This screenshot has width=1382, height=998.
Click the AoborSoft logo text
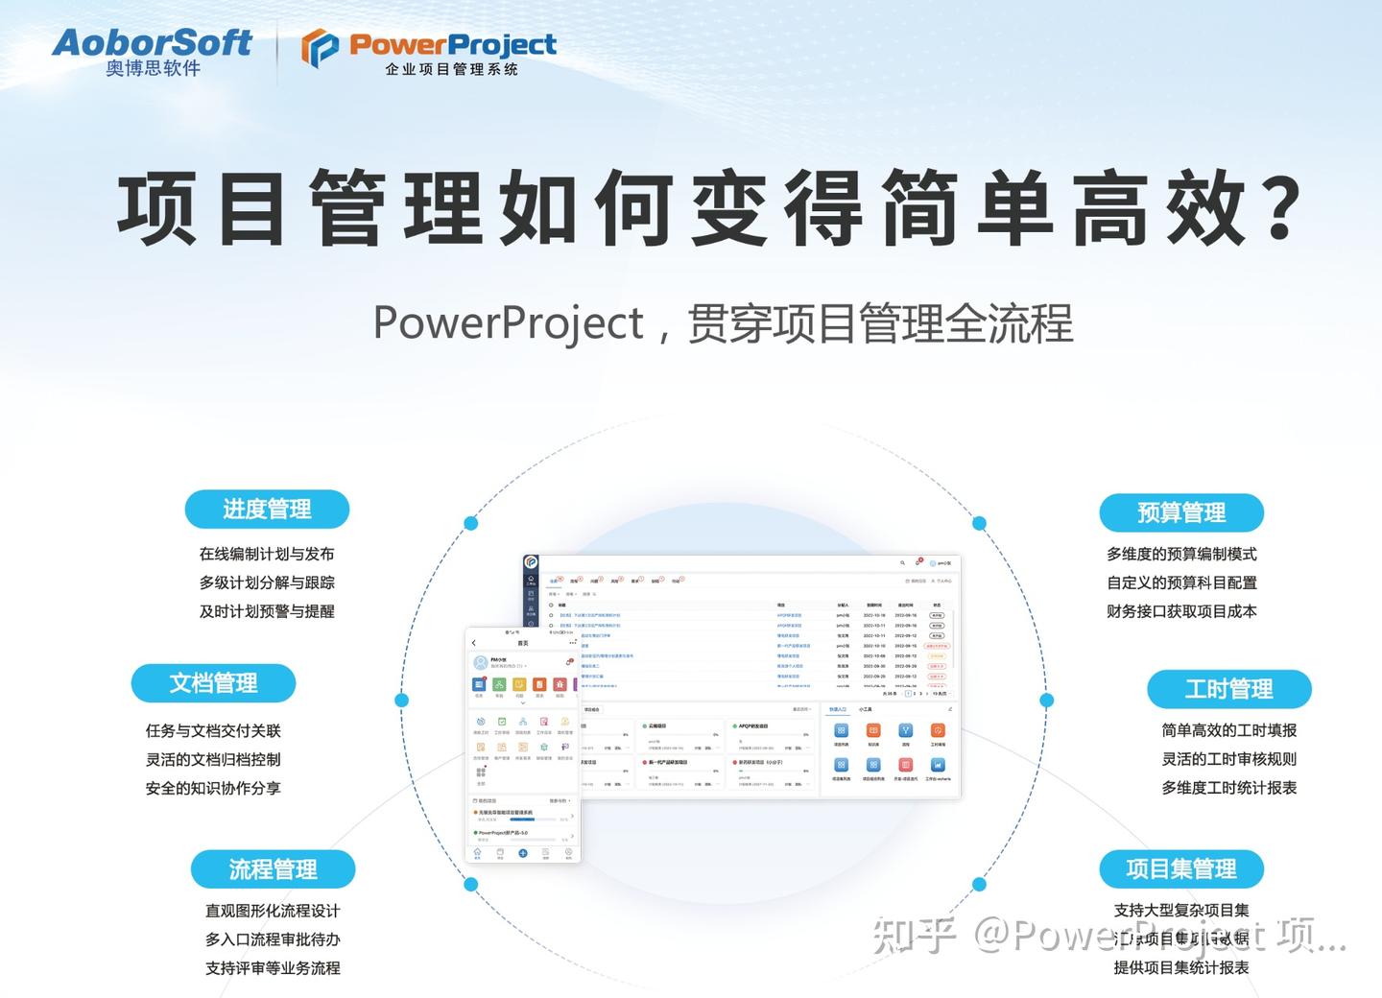[152, 41]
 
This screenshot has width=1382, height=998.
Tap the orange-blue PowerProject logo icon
[320, 48]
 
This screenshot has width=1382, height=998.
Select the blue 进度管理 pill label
[267, 510]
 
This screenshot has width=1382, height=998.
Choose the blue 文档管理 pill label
[213, 683]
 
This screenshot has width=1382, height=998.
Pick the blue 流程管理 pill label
[273, 869]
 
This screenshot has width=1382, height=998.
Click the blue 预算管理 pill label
[1181, 512]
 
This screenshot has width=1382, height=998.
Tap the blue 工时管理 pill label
[1228, 689]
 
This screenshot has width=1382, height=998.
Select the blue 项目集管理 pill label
[1181, 868]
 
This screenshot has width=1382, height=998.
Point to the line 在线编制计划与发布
[267, 554]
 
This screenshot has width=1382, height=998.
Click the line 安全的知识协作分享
[213, 788]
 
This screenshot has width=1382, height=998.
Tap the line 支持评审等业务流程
[273, 968]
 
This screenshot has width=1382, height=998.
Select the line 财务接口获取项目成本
[1181, 611]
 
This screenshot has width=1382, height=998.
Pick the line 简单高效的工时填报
[1228, 730]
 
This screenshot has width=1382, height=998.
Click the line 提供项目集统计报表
[1181, 968]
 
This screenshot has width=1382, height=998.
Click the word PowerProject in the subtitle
[508, 323]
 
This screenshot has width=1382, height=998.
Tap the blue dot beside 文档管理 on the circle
[402, 700]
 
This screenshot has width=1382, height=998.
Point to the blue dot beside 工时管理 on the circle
[1047, 700]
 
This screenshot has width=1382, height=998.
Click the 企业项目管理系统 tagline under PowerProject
[451, 69]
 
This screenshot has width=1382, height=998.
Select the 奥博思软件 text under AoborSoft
[154, 68]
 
